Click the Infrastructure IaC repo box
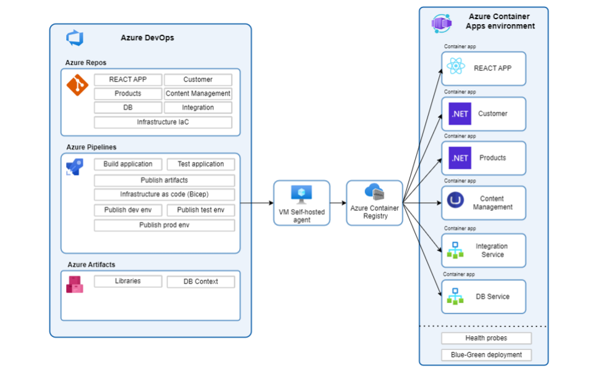(163, 122)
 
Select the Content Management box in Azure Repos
(198, 94)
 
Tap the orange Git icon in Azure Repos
(77, 85)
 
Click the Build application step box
(128, 164)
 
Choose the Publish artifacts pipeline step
(164, 181)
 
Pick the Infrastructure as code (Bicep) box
(164, 195)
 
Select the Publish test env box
(201, 210)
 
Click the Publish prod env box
(164, 226)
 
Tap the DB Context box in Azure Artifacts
(201, 282)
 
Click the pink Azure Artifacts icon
(75, 284)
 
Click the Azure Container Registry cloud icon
(374, 192)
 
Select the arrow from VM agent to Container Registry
(338, 203)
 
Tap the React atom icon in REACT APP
(455, 66)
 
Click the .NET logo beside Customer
(460, 114)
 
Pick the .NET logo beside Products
(460, 158)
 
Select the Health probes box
(486, 338)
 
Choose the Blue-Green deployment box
(486, 355)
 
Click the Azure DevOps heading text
(147, 38)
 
